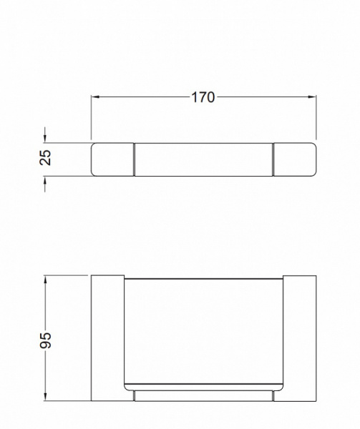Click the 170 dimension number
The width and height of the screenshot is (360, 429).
(203, 97)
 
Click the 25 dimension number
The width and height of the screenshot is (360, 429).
(45, 157)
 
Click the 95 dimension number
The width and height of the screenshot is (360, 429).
(45, 340)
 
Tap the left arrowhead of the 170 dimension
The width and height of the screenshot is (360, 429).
(95, 97)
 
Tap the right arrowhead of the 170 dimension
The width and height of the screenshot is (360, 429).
(312, 97)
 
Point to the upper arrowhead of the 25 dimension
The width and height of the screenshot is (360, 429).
(45, 139)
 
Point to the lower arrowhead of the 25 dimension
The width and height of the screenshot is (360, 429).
(45, 180)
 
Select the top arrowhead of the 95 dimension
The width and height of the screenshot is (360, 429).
(45, 280)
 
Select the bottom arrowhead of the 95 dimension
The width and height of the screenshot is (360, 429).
(45, 397)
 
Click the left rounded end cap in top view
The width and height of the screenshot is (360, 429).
(112, 159)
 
